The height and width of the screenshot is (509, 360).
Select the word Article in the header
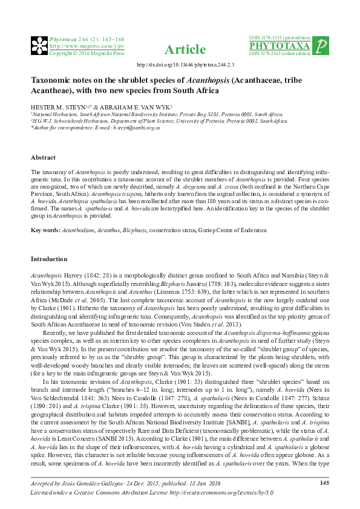(180, 49)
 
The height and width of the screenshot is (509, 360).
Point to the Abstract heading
(43, 158)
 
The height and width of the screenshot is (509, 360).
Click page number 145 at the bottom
(324, 482)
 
